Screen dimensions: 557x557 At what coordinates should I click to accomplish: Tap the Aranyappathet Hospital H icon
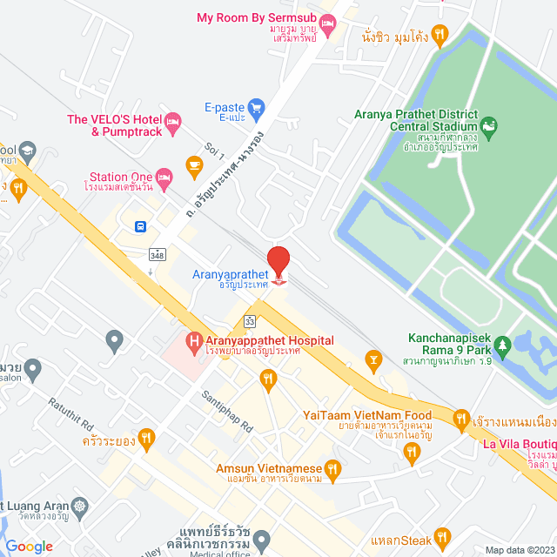point(194,339)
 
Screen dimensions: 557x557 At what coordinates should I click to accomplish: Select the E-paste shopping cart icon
point(256,109)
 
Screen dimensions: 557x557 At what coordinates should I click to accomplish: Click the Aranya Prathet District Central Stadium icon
point(489,129)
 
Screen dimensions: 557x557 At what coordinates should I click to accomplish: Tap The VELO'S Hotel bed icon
point(172,119)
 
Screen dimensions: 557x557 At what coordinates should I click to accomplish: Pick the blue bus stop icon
point(140,226)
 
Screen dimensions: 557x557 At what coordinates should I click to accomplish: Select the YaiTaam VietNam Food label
point(367,416)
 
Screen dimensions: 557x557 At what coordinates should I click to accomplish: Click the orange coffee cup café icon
point(194,163)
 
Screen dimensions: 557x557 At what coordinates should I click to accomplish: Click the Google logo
point(29,546)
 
